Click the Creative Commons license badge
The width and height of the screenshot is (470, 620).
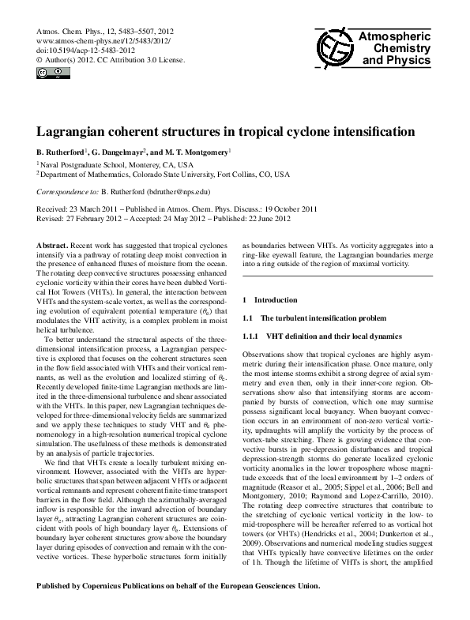48,73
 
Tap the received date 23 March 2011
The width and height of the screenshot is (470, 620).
98,208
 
